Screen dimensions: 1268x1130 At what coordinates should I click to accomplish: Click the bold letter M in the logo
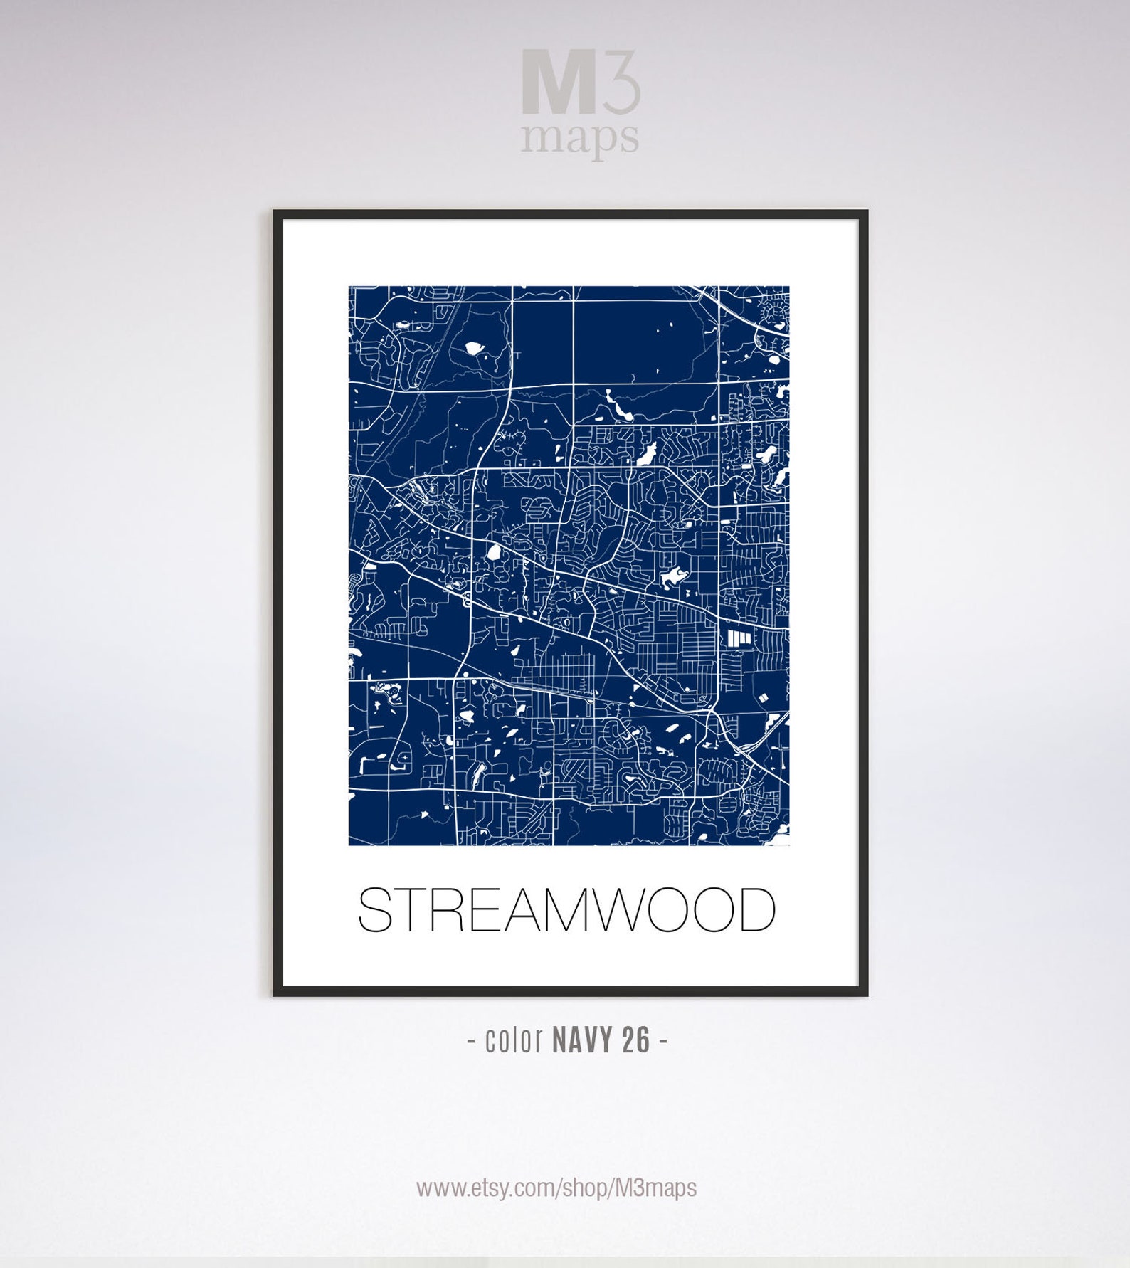click(x=558, y=82)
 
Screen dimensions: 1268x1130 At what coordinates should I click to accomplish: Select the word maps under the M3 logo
click(x=580, y=137)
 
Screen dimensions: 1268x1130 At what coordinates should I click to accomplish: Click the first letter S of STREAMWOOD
click(x=374, y=910)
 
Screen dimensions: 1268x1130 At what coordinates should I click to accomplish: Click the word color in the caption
click(x=514, y=1040)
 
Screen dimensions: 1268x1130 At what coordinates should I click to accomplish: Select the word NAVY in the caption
click(x=582, y=1040)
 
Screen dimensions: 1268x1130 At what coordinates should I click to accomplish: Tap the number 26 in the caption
click(x=636, y=1040)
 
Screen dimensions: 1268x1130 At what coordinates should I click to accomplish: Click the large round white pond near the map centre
click(x=493, y=551)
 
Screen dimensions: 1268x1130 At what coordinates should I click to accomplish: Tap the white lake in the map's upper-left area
click(x=473, y=348)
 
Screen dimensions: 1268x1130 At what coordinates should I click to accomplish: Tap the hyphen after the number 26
click(x=663, y=1040)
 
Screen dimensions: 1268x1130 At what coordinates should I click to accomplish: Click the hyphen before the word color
click(x=472, y=1042)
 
